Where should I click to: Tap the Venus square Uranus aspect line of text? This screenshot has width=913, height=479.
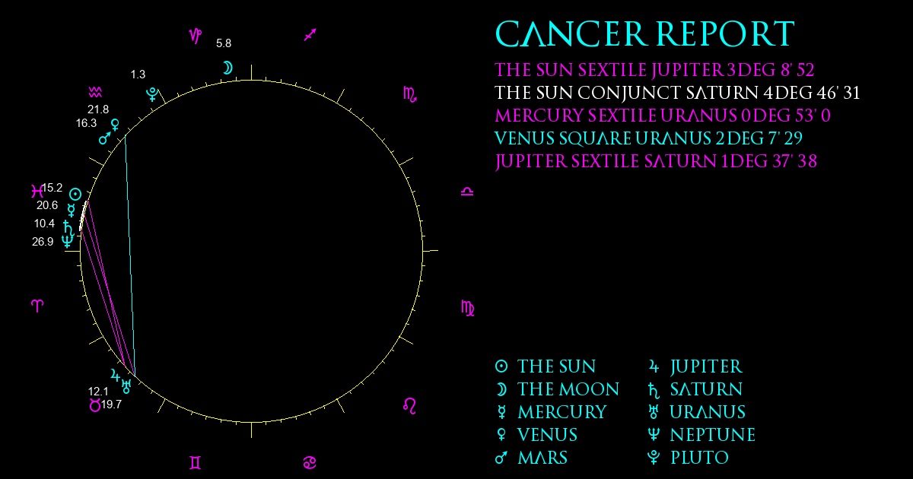click(x=648, y=138)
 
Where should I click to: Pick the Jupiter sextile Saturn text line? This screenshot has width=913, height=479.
click(x=656, y=162)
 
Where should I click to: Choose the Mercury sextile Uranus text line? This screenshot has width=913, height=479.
click(x=663, y=116)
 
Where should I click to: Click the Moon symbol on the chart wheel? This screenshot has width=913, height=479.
click(x=227, y=68)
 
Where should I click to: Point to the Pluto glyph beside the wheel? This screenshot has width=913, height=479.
click(x=152, y=94)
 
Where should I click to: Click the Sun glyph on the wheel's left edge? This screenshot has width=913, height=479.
click(x=75, y=194)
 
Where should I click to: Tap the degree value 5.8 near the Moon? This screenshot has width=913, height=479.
click(x=224, y=43)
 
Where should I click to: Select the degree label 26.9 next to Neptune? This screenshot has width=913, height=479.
click(x=43, y=242)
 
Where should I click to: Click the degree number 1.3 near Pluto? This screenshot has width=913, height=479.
click(x=138, y=75)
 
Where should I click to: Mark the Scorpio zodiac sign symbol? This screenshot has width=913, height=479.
click(x=409, y=94)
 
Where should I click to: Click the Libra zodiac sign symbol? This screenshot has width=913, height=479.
click(x=467, y=192)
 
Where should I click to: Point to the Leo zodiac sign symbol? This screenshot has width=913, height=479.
click(x=409, y=406)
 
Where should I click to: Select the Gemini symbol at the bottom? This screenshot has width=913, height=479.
click(x=196, y=463)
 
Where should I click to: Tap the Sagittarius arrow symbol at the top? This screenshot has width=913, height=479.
click(x=310, y=35)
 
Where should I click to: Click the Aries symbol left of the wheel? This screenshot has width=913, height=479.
click(x=37, y=306)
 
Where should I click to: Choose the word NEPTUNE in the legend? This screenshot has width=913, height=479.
click(x=713, y=435)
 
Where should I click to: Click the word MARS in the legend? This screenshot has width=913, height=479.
click(x=542, y=458)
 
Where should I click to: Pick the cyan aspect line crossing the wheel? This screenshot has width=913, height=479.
click(x=129, y=255)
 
